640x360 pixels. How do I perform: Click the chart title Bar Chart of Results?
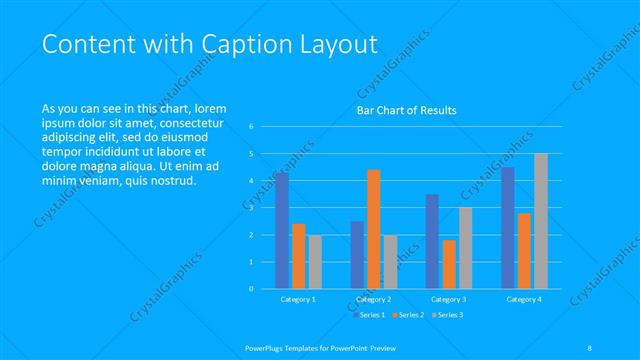pyautogui.click(x=407, y=111)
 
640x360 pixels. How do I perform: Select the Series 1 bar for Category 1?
pyautogui.click(x=282, y=230)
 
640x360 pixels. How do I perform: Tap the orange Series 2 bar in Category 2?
pyautogui.click(x=373, y=229)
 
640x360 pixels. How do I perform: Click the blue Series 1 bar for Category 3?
pyautogui.click(x=432, y=241)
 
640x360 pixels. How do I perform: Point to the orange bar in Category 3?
pyautogui.click(x=448, y=264)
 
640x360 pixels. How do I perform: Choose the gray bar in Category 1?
pyautogui.click(x=315, y=261)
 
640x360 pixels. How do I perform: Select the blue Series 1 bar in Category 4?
pyautogui.click(x=508, y=227)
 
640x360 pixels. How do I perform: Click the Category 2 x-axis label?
pyautogui.click(x=373, y=299)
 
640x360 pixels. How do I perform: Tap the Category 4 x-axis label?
pyautogui.click(x=523, y=299)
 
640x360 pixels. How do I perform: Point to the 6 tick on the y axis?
pyautogui.click(x=251, y=126)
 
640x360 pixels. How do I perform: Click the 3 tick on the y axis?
pyautogui.click(x=251, y=207)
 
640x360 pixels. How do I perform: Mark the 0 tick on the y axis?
pyautogui.click(x=251, y=288)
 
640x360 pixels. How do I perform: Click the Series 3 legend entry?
pyautogui.click(x=447, y=315)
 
